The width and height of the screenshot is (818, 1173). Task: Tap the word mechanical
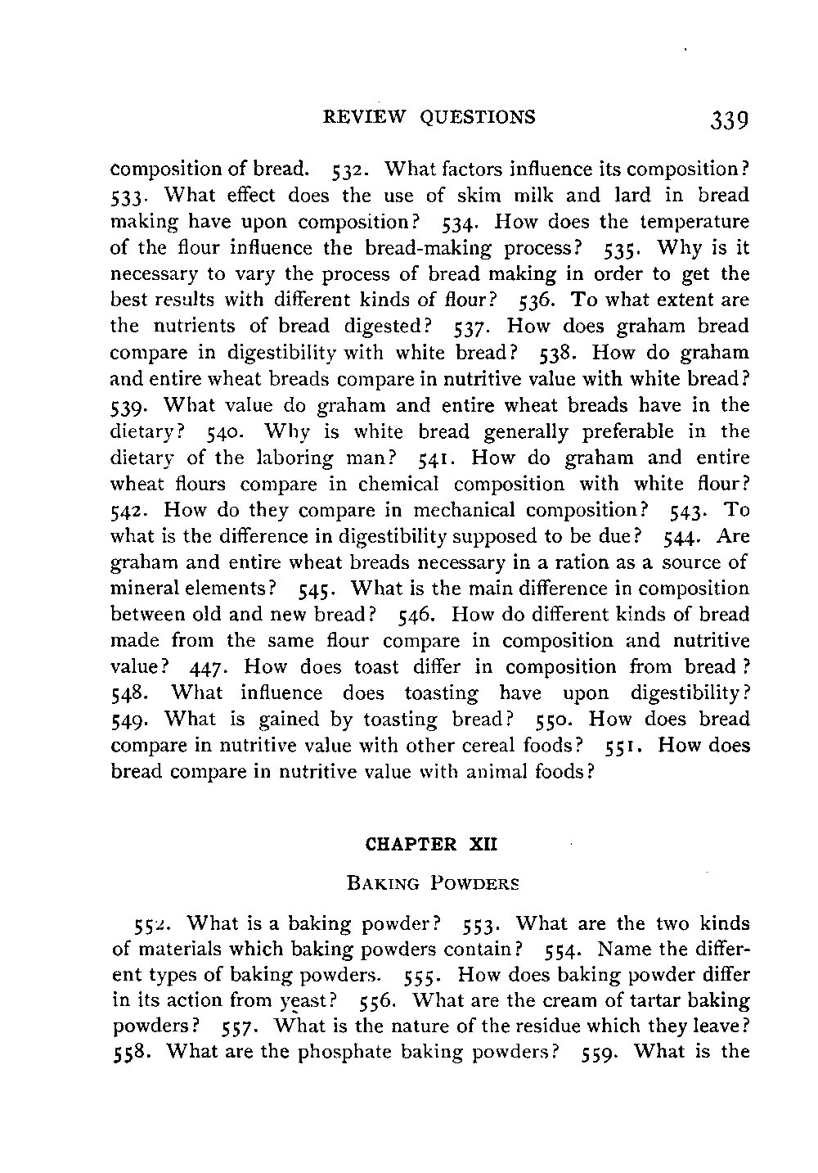pos(464,510)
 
